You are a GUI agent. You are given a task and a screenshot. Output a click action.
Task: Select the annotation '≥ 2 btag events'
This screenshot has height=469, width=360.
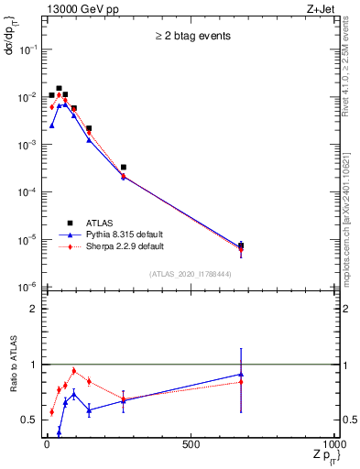pos(191,37)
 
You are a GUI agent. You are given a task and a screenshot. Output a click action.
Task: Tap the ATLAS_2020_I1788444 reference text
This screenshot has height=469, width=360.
pos(190,274)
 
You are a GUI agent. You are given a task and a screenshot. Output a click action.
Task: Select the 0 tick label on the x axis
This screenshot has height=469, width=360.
pos(47,444)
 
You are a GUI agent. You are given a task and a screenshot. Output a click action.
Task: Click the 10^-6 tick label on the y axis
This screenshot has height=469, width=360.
pos(27,288)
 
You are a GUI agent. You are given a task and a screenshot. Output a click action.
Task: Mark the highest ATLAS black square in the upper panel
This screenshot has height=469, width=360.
pos(59,89)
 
